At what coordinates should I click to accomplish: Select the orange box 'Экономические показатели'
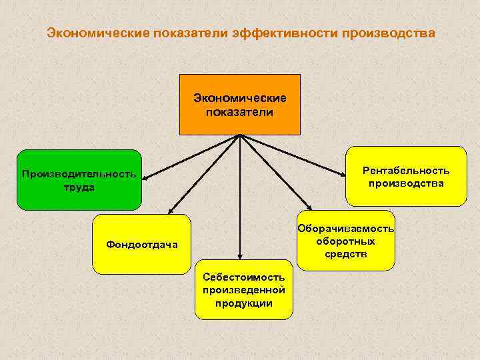click(239, 105)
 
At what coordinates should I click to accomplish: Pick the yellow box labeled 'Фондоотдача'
click(142, 244)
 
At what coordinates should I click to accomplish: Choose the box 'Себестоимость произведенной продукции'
click(243, 290)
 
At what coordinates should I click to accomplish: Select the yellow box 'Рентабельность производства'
click(406, 177)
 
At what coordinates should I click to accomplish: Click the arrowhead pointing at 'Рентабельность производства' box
click(344, 175)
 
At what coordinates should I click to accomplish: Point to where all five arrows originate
click(239, 136)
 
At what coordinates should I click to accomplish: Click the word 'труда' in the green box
click(79, 187)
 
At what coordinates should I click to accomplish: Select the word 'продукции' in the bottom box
click(243, 303)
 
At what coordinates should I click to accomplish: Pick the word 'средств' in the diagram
click(345, 255)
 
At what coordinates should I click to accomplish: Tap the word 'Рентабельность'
click(406, 171)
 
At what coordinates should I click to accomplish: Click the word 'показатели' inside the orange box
click(239, 112)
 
